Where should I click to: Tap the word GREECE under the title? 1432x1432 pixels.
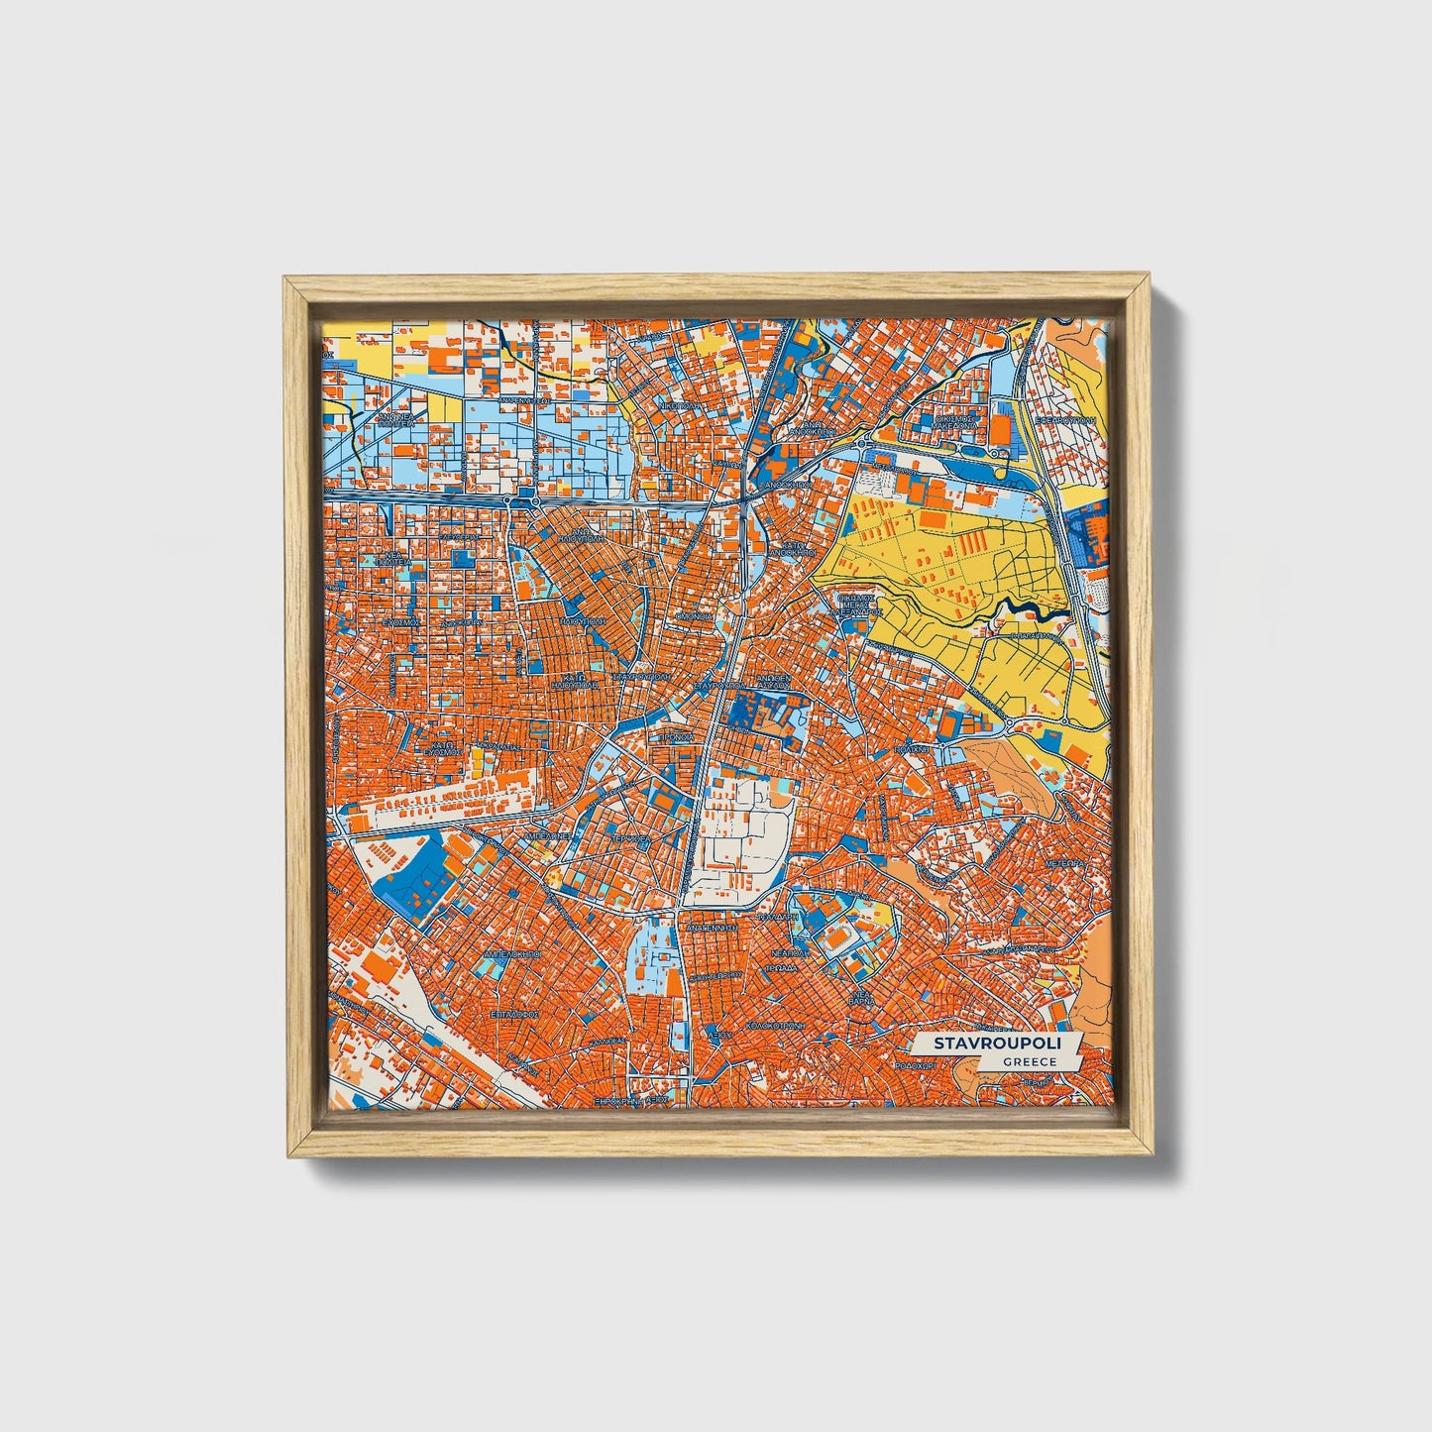tap(1028, 1061)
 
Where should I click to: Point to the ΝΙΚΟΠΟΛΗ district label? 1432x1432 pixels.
tap(679, 405)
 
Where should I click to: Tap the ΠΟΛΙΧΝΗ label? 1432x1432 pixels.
tap(909, 751)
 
